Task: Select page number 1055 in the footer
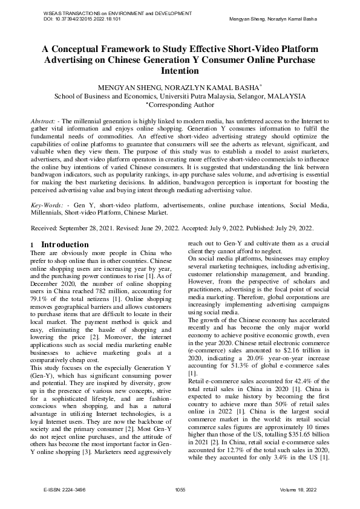[x=180, y=488]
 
